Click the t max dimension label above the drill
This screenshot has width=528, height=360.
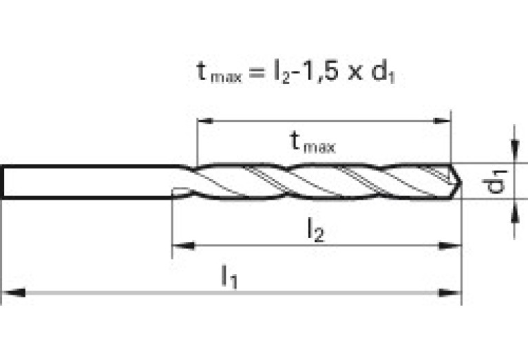coord(313,142)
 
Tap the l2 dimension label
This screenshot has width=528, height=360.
coord(316,230)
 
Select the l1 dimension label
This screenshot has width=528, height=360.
coord(229,277)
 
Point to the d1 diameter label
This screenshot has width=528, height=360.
coord(495,182)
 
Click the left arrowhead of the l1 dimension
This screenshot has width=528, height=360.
coord(14,293)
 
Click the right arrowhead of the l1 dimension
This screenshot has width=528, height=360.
coord(450,293)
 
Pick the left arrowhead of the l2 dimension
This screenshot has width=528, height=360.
coord(183,246)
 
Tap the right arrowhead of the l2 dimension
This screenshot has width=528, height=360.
coord(450,246)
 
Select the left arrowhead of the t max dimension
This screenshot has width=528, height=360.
coord(205,120)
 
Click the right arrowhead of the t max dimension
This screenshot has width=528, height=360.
coord(442,120)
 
